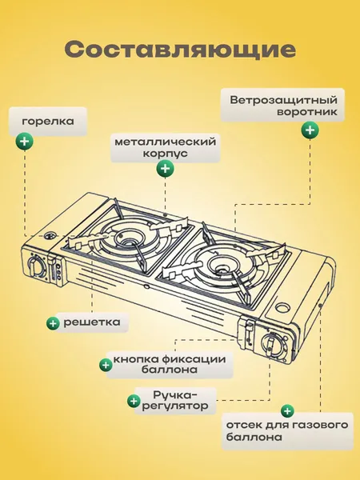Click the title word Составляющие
pyautogui.click(x=180, y=49)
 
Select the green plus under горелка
pyautogui.click(x=26, y=142)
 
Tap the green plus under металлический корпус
pyautogui.click(x=165, y=169)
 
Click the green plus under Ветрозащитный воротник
pyautogui.click(x=309, y=130)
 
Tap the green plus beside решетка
pyautogui.click(x=53, y=323)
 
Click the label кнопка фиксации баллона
pyautogui.click(x=170, y=365)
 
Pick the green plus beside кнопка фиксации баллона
pyautogui.click(x=105, y=365)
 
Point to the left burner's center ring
pyautogui.click(x=127, y=237)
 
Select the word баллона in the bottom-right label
pyautogui.click(x=249, y=438)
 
